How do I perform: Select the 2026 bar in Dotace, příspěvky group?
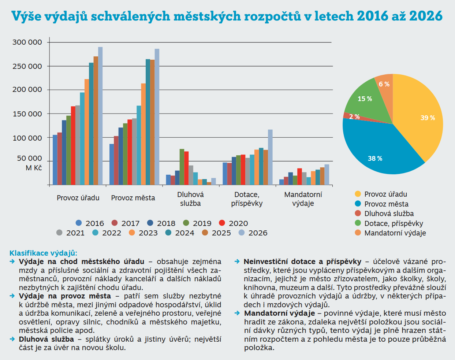270,157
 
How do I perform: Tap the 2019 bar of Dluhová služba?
182,167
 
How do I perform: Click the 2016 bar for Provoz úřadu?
55,160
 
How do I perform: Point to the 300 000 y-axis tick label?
27,42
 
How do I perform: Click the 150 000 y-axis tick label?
27,114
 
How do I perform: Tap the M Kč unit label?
34,168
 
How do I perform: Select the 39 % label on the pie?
428,118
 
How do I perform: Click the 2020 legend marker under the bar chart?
222,223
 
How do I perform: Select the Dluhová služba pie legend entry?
389,214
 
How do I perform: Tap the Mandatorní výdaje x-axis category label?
303,199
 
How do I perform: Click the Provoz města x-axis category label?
133,198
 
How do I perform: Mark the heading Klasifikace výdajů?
43,253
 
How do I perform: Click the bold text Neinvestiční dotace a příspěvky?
302,261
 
